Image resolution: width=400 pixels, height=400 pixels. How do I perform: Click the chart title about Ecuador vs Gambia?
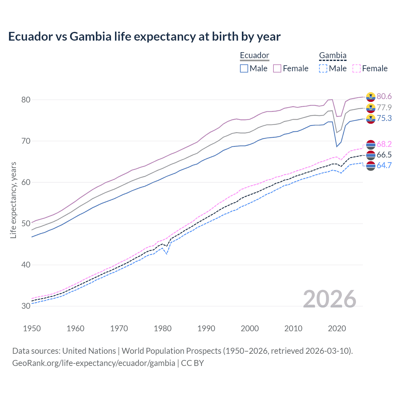click(x=144, y=37)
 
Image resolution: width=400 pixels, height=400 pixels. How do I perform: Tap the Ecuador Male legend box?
click(x=244, y=68)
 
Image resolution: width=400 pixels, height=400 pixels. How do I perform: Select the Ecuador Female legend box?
click(x=277, y=68)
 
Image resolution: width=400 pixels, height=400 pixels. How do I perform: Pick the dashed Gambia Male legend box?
click(x=323, y=68)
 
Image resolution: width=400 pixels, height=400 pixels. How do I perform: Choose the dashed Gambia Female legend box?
click(x=356, y=68)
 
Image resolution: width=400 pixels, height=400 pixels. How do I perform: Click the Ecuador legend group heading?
click(x=254, y=56)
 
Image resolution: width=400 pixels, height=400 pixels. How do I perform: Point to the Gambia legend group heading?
click(x=332, y=56)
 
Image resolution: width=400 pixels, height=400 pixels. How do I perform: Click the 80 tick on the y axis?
click(x=26, y=100)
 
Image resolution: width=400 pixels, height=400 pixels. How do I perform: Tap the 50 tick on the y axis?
click(x=26, y=224)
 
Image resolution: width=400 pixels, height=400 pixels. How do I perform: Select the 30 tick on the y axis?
click(x=26, y=306)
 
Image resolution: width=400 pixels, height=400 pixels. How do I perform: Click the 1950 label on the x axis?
click(x=32, y=328)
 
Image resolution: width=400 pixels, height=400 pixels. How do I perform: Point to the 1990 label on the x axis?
click(x=206, y=328)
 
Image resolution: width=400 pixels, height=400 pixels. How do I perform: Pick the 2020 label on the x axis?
click(x=337, y=328)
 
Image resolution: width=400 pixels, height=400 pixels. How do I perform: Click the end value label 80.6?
click(x=384, y=97)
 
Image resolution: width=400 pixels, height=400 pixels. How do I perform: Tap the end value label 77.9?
click(x=384, y=107)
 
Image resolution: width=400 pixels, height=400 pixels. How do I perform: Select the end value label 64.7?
click(x=384, y=166)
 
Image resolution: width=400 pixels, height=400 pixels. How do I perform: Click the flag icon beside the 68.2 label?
click(x=371, y=144)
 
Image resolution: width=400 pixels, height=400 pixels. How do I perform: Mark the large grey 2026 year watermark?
click(x=329, y=299)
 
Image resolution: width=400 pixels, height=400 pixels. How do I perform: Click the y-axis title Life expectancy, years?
click(x=13, y=200)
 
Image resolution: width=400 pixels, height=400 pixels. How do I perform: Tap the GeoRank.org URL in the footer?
click(x=94, y=363)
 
